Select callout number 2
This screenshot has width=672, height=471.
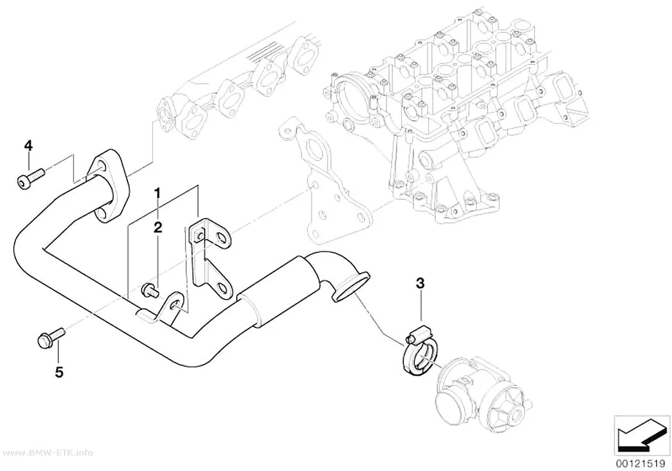click(157, 227)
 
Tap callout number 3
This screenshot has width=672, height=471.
click(420, 283)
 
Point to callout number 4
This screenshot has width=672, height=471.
click(28, 146)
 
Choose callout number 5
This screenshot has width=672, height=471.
click(59, 372)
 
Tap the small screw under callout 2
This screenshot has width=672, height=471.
click(150, 290)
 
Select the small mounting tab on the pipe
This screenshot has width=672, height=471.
click(165, 310)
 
